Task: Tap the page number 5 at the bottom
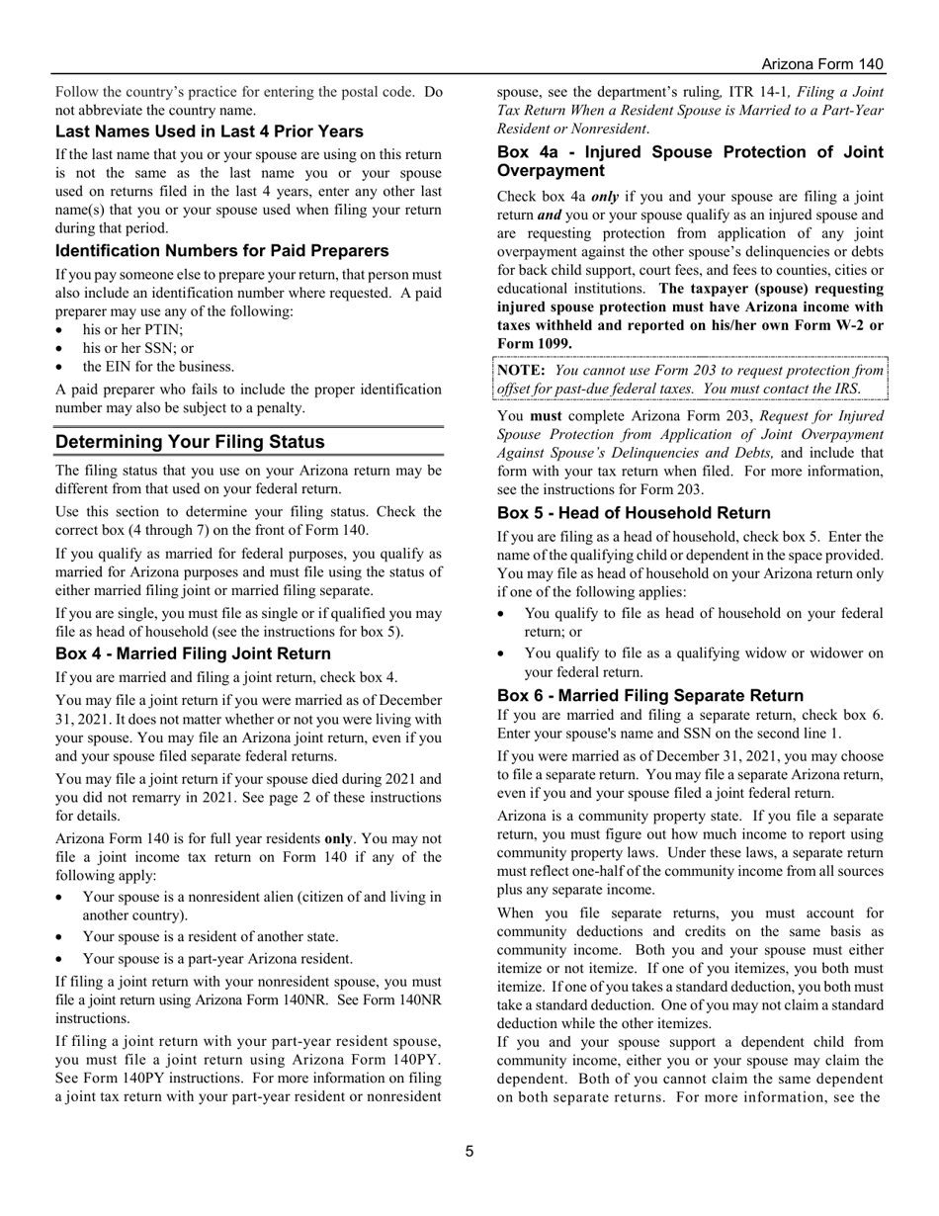point(469,1151)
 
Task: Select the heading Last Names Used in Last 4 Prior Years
point(209,131)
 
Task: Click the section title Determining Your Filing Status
point(189,441)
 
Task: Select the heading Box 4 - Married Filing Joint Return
point(193,653)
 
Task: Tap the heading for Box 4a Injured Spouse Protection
point(690,161)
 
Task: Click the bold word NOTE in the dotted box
point(521,370)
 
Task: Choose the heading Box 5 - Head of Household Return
point(634,513)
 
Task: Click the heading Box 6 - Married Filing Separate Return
point(650,695)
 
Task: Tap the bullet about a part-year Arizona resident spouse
point(217,958)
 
